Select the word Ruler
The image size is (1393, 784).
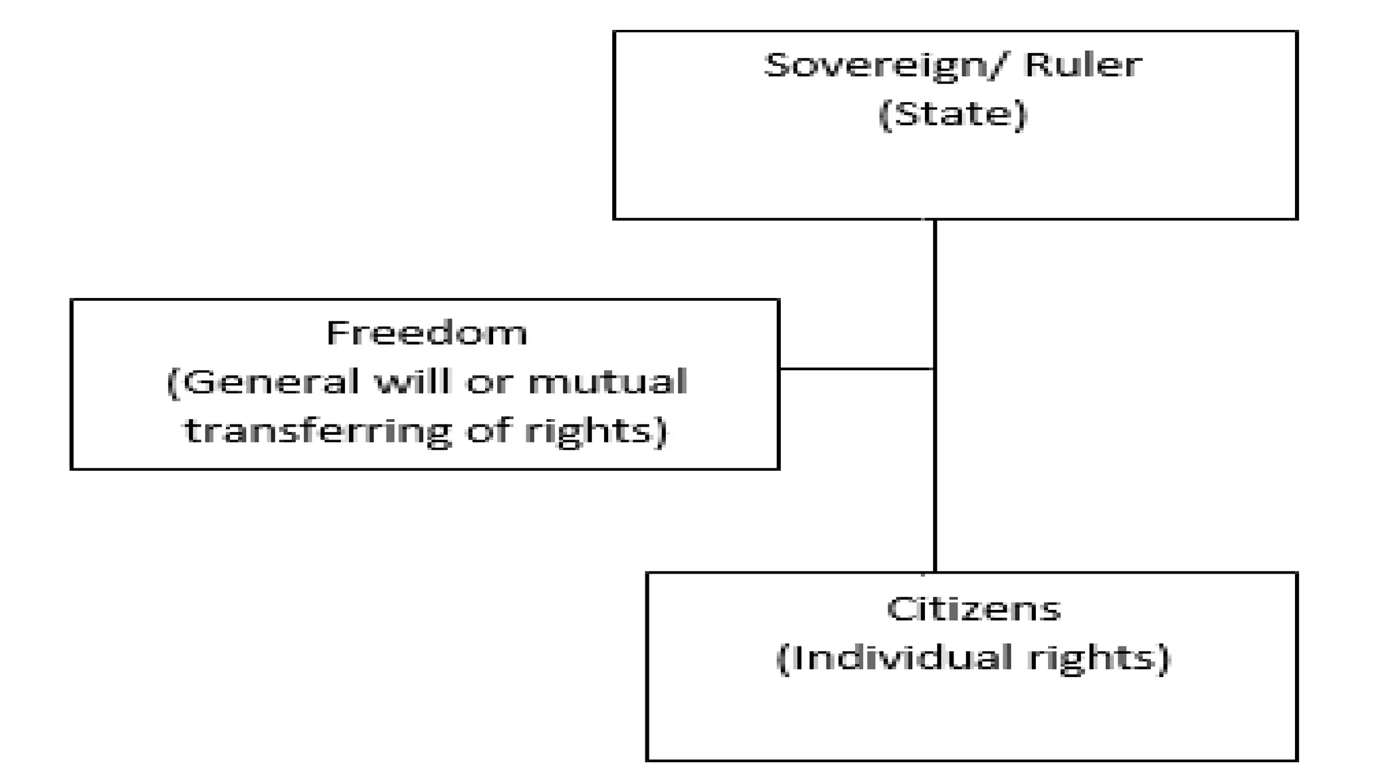[x=1083, y=65]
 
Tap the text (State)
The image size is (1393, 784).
[x=952, y=114]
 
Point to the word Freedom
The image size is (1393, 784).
[x=426, y=333]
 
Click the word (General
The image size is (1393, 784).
[x=263, y=382]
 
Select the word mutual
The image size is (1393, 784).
[x=607, y=382]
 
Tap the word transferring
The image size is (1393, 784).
[x=317, y=431]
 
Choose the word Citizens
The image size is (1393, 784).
[x=973, y=608]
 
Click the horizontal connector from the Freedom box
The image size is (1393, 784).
[x=857, y=369]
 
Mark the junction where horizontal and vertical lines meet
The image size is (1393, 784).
[x=935, y=369]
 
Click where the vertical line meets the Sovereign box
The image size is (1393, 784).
[x=935, y=220]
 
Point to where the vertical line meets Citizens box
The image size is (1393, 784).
[x=935, y=572]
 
